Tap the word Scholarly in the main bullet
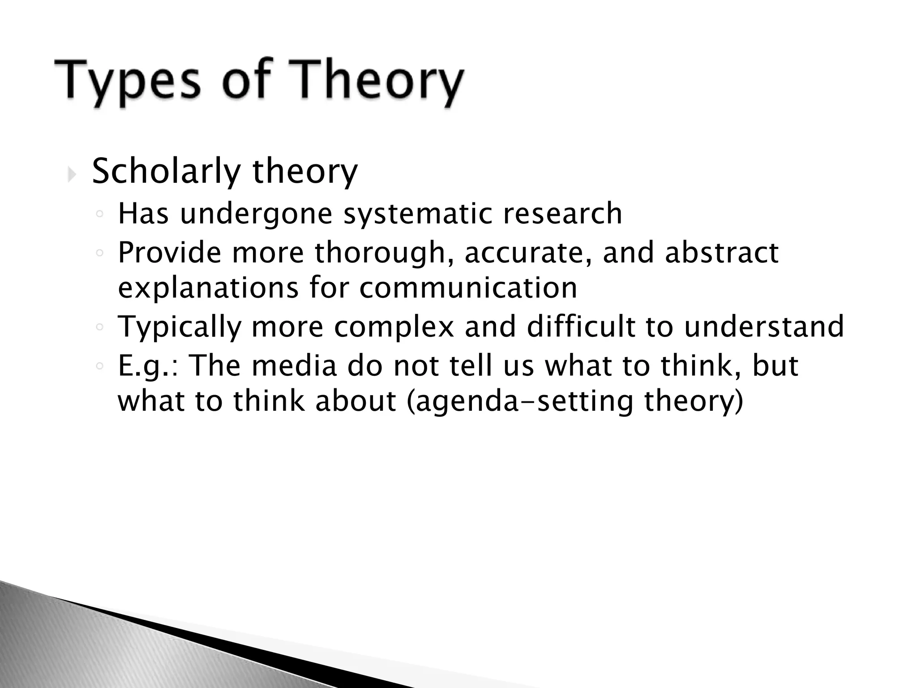[x=166, y=172]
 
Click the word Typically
[x=180, y=327]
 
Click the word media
[x=294, y=365]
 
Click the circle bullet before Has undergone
[x=100, y=215]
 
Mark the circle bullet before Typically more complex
[x=100, y=327]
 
